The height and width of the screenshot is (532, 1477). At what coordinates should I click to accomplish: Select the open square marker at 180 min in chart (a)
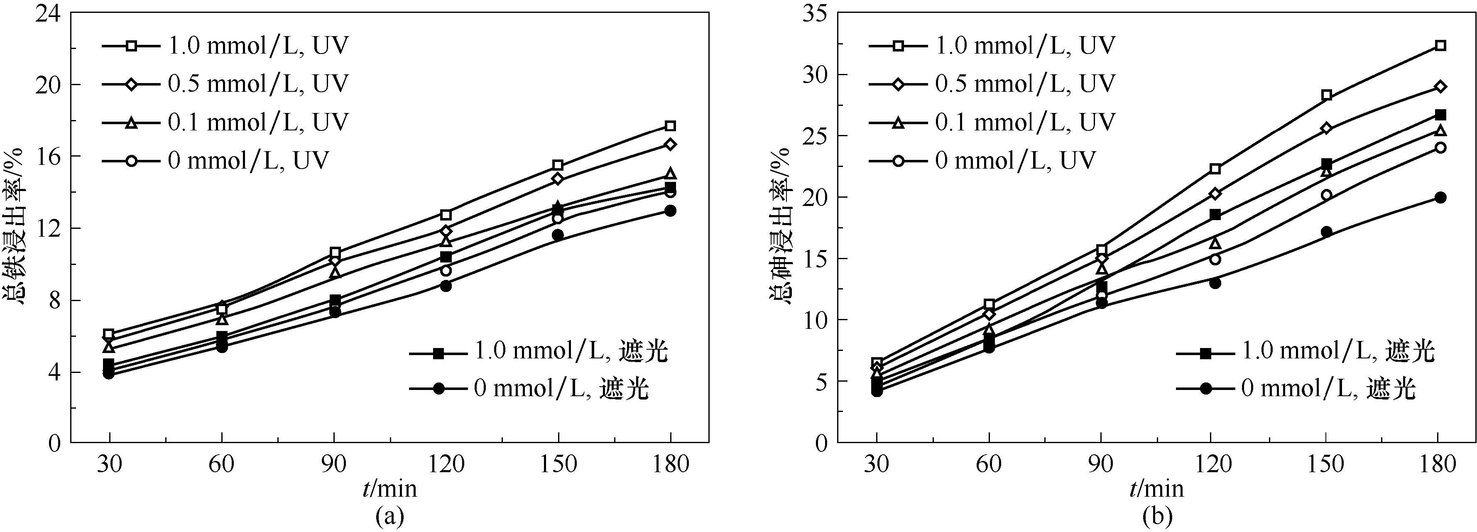pos(670,125)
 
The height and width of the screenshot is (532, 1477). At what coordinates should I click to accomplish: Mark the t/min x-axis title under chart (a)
pos(390,488)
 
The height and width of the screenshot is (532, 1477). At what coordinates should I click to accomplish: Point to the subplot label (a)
pos(390,517)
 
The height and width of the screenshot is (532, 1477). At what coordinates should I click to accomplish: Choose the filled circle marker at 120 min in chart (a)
pos(446,285)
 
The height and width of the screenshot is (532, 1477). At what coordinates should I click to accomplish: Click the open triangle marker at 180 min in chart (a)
pos(670,173)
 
